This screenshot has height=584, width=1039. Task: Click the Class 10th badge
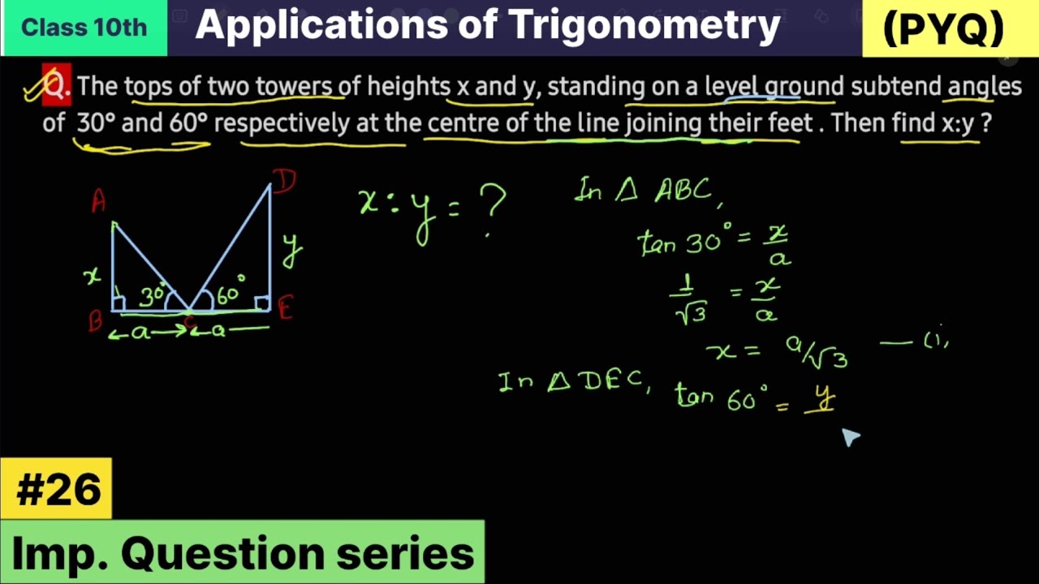(x=84, y=28)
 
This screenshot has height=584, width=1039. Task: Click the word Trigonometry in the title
(x=645, y=26)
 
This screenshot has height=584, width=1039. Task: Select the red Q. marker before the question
(x=56, y=85)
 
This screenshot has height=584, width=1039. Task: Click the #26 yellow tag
(x=57, y=489)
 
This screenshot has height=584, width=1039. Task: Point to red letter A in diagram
(x=98, y=201)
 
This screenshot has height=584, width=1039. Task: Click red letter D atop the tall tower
(x=284, y=181)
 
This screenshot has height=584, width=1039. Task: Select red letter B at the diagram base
(x=96, y=320)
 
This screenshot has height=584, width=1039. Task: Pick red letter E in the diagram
(x=285, y=308)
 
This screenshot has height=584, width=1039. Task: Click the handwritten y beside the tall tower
(x=292, y=248)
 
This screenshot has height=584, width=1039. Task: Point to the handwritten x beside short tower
(x=93, y=276)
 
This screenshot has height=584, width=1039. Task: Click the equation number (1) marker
(x=936, y=341)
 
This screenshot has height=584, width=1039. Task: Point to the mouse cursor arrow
(x=849, y=437)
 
